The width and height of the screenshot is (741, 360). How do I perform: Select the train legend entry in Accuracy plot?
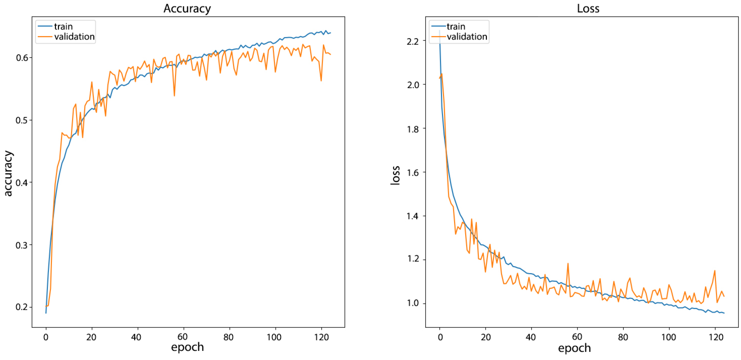pos(63,26)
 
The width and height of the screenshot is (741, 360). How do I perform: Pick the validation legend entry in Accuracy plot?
pos(74,37)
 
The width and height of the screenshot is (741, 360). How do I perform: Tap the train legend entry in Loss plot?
pos(456,26)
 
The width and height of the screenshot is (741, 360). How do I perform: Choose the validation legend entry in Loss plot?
pos(467,37)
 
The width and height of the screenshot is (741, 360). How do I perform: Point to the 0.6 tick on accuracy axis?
pos(22,58)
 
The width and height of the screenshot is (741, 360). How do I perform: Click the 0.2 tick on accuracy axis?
pos(22,307)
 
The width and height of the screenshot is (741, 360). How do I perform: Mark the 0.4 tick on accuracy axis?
pos(22,183)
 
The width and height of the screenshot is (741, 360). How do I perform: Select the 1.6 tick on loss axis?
pos(413,172)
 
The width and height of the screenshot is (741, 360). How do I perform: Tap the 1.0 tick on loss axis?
pos(413,303)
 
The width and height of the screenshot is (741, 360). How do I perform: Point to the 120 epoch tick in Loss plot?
pos(715,337)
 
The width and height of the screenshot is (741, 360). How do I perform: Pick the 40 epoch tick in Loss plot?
pos(531,337)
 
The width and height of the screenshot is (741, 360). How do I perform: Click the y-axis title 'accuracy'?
pos(8,173)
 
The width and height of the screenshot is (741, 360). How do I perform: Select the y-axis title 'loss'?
pos(395,175)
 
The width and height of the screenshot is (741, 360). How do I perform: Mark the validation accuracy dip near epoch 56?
pos(174,95)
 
